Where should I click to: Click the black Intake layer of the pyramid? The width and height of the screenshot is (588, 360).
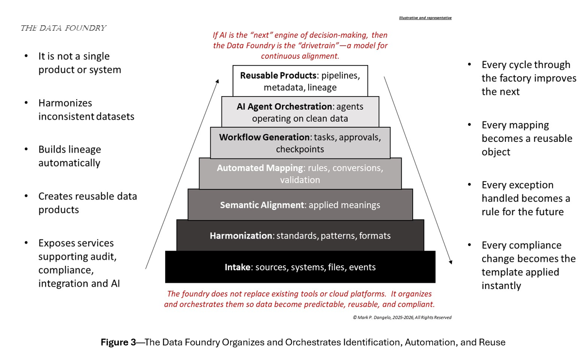pos(300,267)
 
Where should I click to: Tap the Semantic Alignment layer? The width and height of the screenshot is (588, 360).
pos(300,205)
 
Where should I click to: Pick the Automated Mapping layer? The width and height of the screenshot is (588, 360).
pos(300,174)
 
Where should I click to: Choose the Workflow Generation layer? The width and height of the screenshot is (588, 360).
pos(300,143)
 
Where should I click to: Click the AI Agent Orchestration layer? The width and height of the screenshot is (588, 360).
pos(300,112)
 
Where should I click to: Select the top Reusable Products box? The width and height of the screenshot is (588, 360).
pos(300,81)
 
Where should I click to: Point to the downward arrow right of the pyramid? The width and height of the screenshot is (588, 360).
pos(418,170)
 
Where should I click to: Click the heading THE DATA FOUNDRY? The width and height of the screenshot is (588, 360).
pos(63,28)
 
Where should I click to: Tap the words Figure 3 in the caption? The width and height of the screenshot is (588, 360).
pos(118,342)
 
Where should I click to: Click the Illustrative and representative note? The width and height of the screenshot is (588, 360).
pos(425,17)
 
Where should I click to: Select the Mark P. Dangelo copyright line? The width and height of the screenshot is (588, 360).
pos(402,317)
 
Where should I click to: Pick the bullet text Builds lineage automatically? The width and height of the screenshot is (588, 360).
pos(69,156)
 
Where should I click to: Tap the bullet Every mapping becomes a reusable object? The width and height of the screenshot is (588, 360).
pos(527,138)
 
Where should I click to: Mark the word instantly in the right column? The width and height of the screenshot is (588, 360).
pos(501,286)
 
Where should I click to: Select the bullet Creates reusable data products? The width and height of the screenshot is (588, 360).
pos(87,203)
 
